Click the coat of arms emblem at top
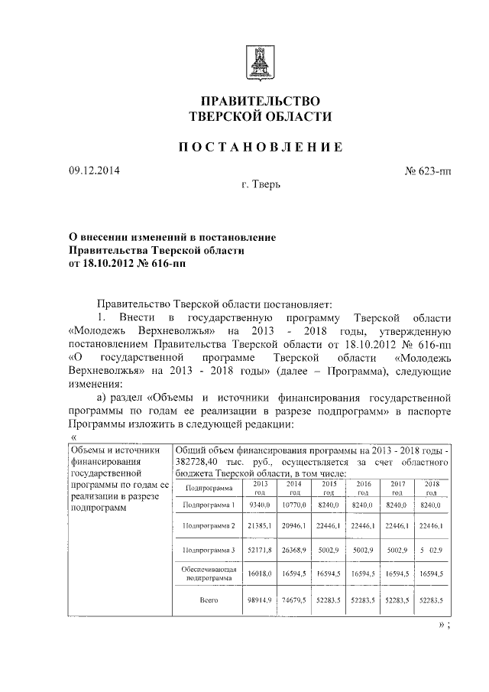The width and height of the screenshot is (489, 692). (x=260, y=60)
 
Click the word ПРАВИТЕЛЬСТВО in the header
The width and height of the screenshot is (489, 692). (x=260, y=100)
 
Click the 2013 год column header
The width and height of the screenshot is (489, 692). (x=260, y=489)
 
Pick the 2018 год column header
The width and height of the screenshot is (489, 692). (x=431, y=489)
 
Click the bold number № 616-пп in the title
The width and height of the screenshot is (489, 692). (x=154, y=265)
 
